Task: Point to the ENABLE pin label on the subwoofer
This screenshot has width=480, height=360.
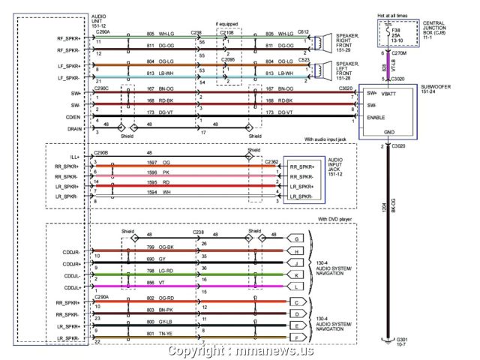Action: pyautogui.click(x=376, y=118)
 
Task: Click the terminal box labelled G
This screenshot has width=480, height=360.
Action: pyautogui.click(x=297, y=238)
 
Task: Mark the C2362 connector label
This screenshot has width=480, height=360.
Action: pyautogui.click(x=271, y=160)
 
